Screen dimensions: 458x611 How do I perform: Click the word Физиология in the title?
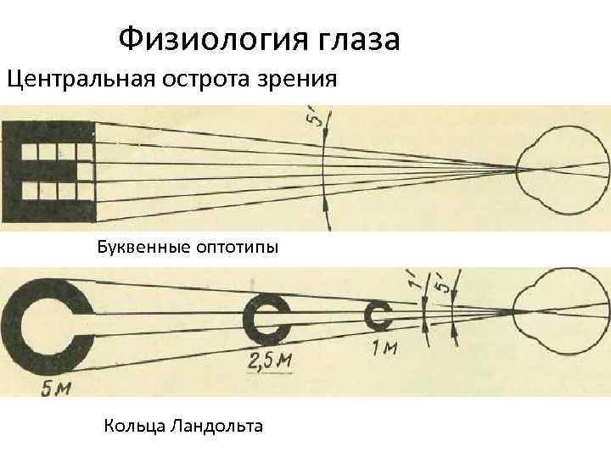212,37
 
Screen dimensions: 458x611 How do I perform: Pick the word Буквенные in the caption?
141,248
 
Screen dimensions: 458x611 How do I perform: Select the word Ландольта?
216,424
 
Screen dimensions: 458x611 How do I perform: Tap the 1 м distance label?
385,348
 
